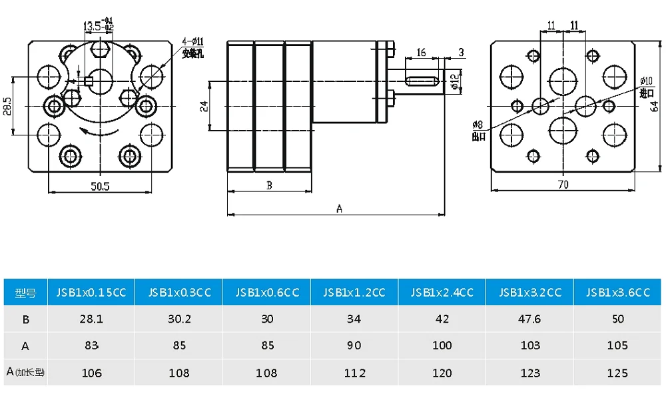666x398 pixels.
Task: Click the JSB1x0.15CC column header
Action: point(91,292)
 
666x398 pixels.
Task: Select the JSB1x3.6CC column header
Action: point(617,292)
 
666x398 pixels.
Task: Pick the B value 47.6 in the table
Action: point(529,319)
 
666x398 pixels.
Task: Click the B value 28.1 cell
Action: point(91,319)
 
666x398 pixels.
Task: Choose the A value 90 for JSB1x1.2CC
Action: point(354,345)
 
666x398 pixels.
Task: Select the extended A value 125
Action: point(617,373)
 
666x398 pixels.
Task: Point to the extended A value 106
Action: point(91,373)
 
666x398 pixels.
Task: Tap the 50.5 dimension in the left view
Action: point(100,185)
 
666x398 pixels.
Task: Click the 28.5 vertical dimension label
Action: point(7,106)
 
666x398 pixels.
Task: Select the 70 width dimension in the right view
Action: point(563,185)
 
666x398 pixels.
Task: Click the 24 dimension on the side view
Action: point(204,106)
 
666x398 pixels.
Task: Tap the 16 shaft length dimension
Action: point(421,53)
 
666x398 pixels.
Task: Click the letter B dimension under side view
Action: point(269,185)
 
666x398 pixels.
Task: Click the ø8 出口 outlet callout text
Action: point(478,130)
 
